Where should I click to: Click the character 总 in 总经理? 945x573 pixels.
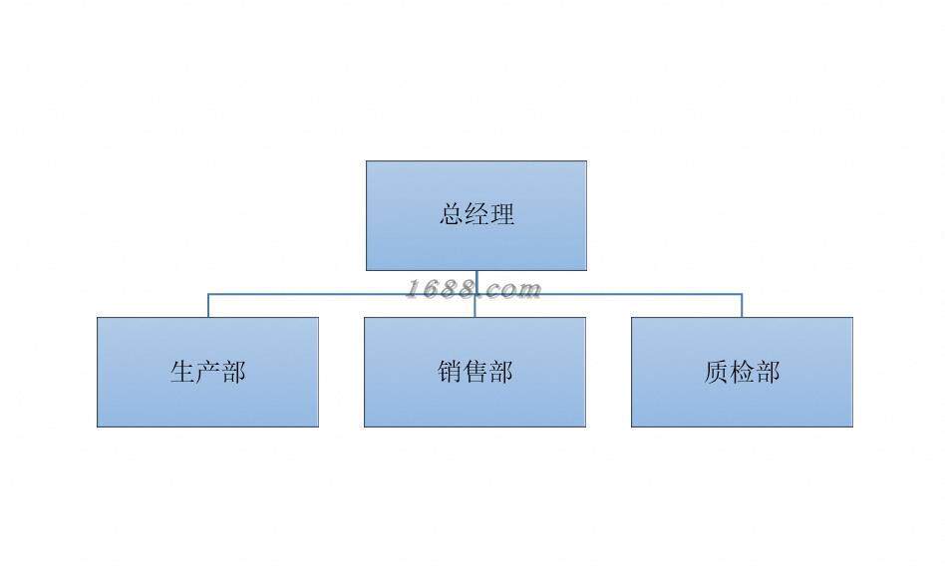[452, 214]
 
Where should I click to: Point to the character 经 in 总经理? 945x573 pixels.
[476, 214]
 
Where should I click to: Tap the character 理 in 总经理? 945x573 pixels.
[502, 214]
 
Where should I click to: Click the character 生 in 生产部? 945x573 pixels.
[182, 372]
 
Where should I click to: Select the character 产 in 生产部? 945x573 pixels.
[207, 372]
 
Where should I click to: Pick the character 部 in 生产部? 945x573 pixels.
[233, 372]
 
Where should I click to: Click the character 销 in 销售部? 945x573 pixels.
[450, 372]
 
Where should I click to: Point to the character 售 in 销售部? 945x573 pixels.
[474, 372]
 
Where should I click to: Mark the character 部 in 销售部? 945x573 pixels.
[500, 372]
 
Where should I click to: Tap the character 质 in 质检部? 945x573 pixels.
[717, 372]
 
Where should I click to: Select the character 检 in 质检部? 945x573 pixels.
[742, 372]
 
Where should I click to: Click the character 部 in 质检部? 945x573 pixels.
[768, 372]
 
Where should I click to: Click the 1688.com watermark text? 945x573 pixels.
[472, 289]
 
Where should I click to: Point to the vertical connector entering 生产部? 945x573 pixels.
[208, 305]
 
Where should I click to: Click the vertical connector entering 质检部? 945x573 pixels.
[742, 305]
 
